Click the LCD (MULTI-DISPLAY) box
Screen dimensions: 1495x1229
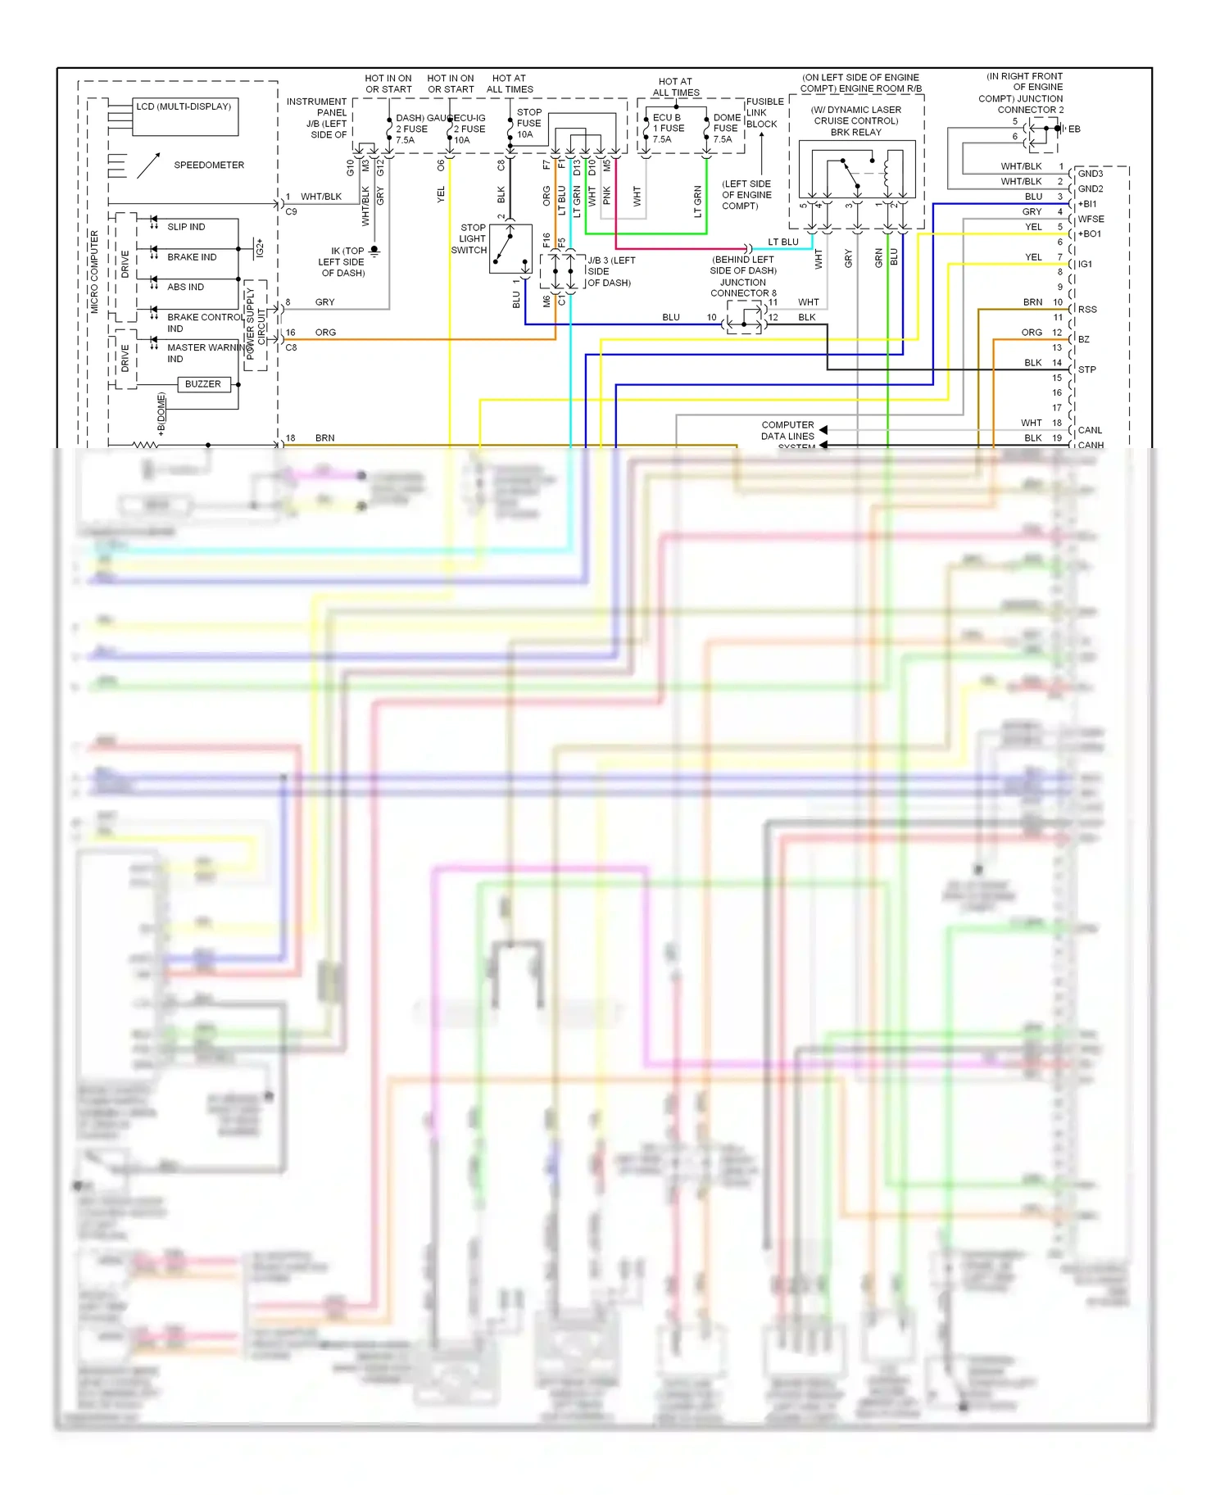(x=185, y=117)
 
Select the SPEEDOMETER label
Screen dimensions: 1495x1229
(x=209, y=165)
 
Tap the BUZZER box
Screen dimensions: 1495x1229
(x=202, y=384)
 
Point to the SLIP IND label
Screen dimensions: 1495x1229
(x=186, y=227)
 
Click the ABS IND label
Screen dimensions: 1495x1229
(x=185, y=288)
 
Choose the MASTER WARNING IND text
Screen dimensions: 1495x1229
(x=205, y=353)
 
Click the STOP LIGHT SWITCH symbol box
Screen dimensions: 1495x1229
(x=510, y=248)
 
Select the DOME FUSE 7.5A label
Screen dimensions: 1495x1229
(x=725, y=129)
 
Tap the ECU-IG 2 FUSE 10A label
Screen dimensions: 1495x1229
(x=469, y=129)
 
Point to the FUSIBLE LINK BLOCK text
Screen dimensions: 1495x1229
(x=764, y=113)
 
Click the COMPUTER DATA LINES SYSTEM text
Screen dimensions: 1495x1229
(x=788, y=435)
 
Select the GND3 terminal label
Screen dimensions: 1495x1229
(x=1090, y=174)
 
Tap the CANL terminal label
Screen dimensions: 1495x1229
(x=1090, y=430)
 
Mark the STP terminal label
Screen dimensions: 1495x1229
(x=1086, y=369)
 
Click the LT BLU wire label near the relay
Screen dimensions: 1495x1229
(x=782, y=242)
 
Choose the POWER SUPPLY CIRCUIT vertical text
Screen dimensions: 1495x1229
(x=256, y=324)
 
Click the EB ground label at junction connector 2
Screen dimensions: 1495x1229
(x=1074, y=129)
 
